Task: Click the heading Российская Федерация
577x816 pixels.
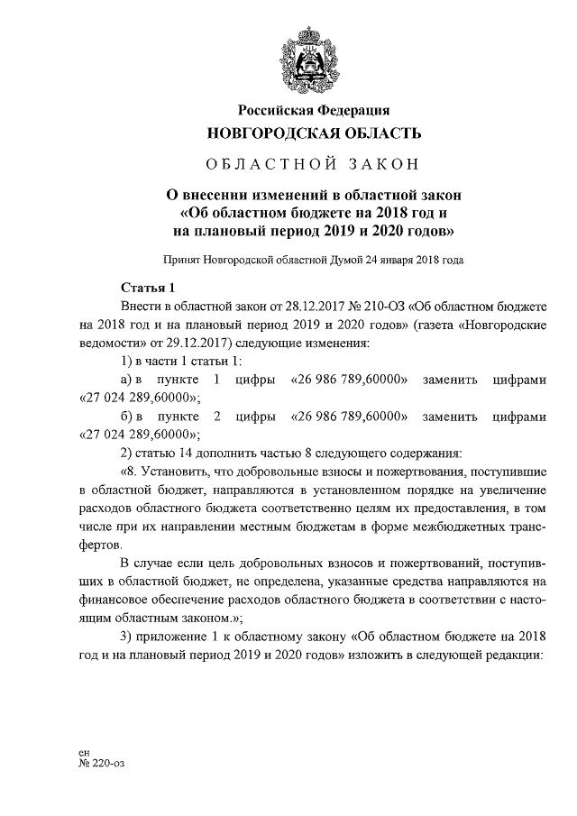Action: tap(313, 111)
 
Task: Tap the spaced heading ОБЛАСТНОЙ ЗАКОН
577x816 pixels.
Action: tap(313, 165)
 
